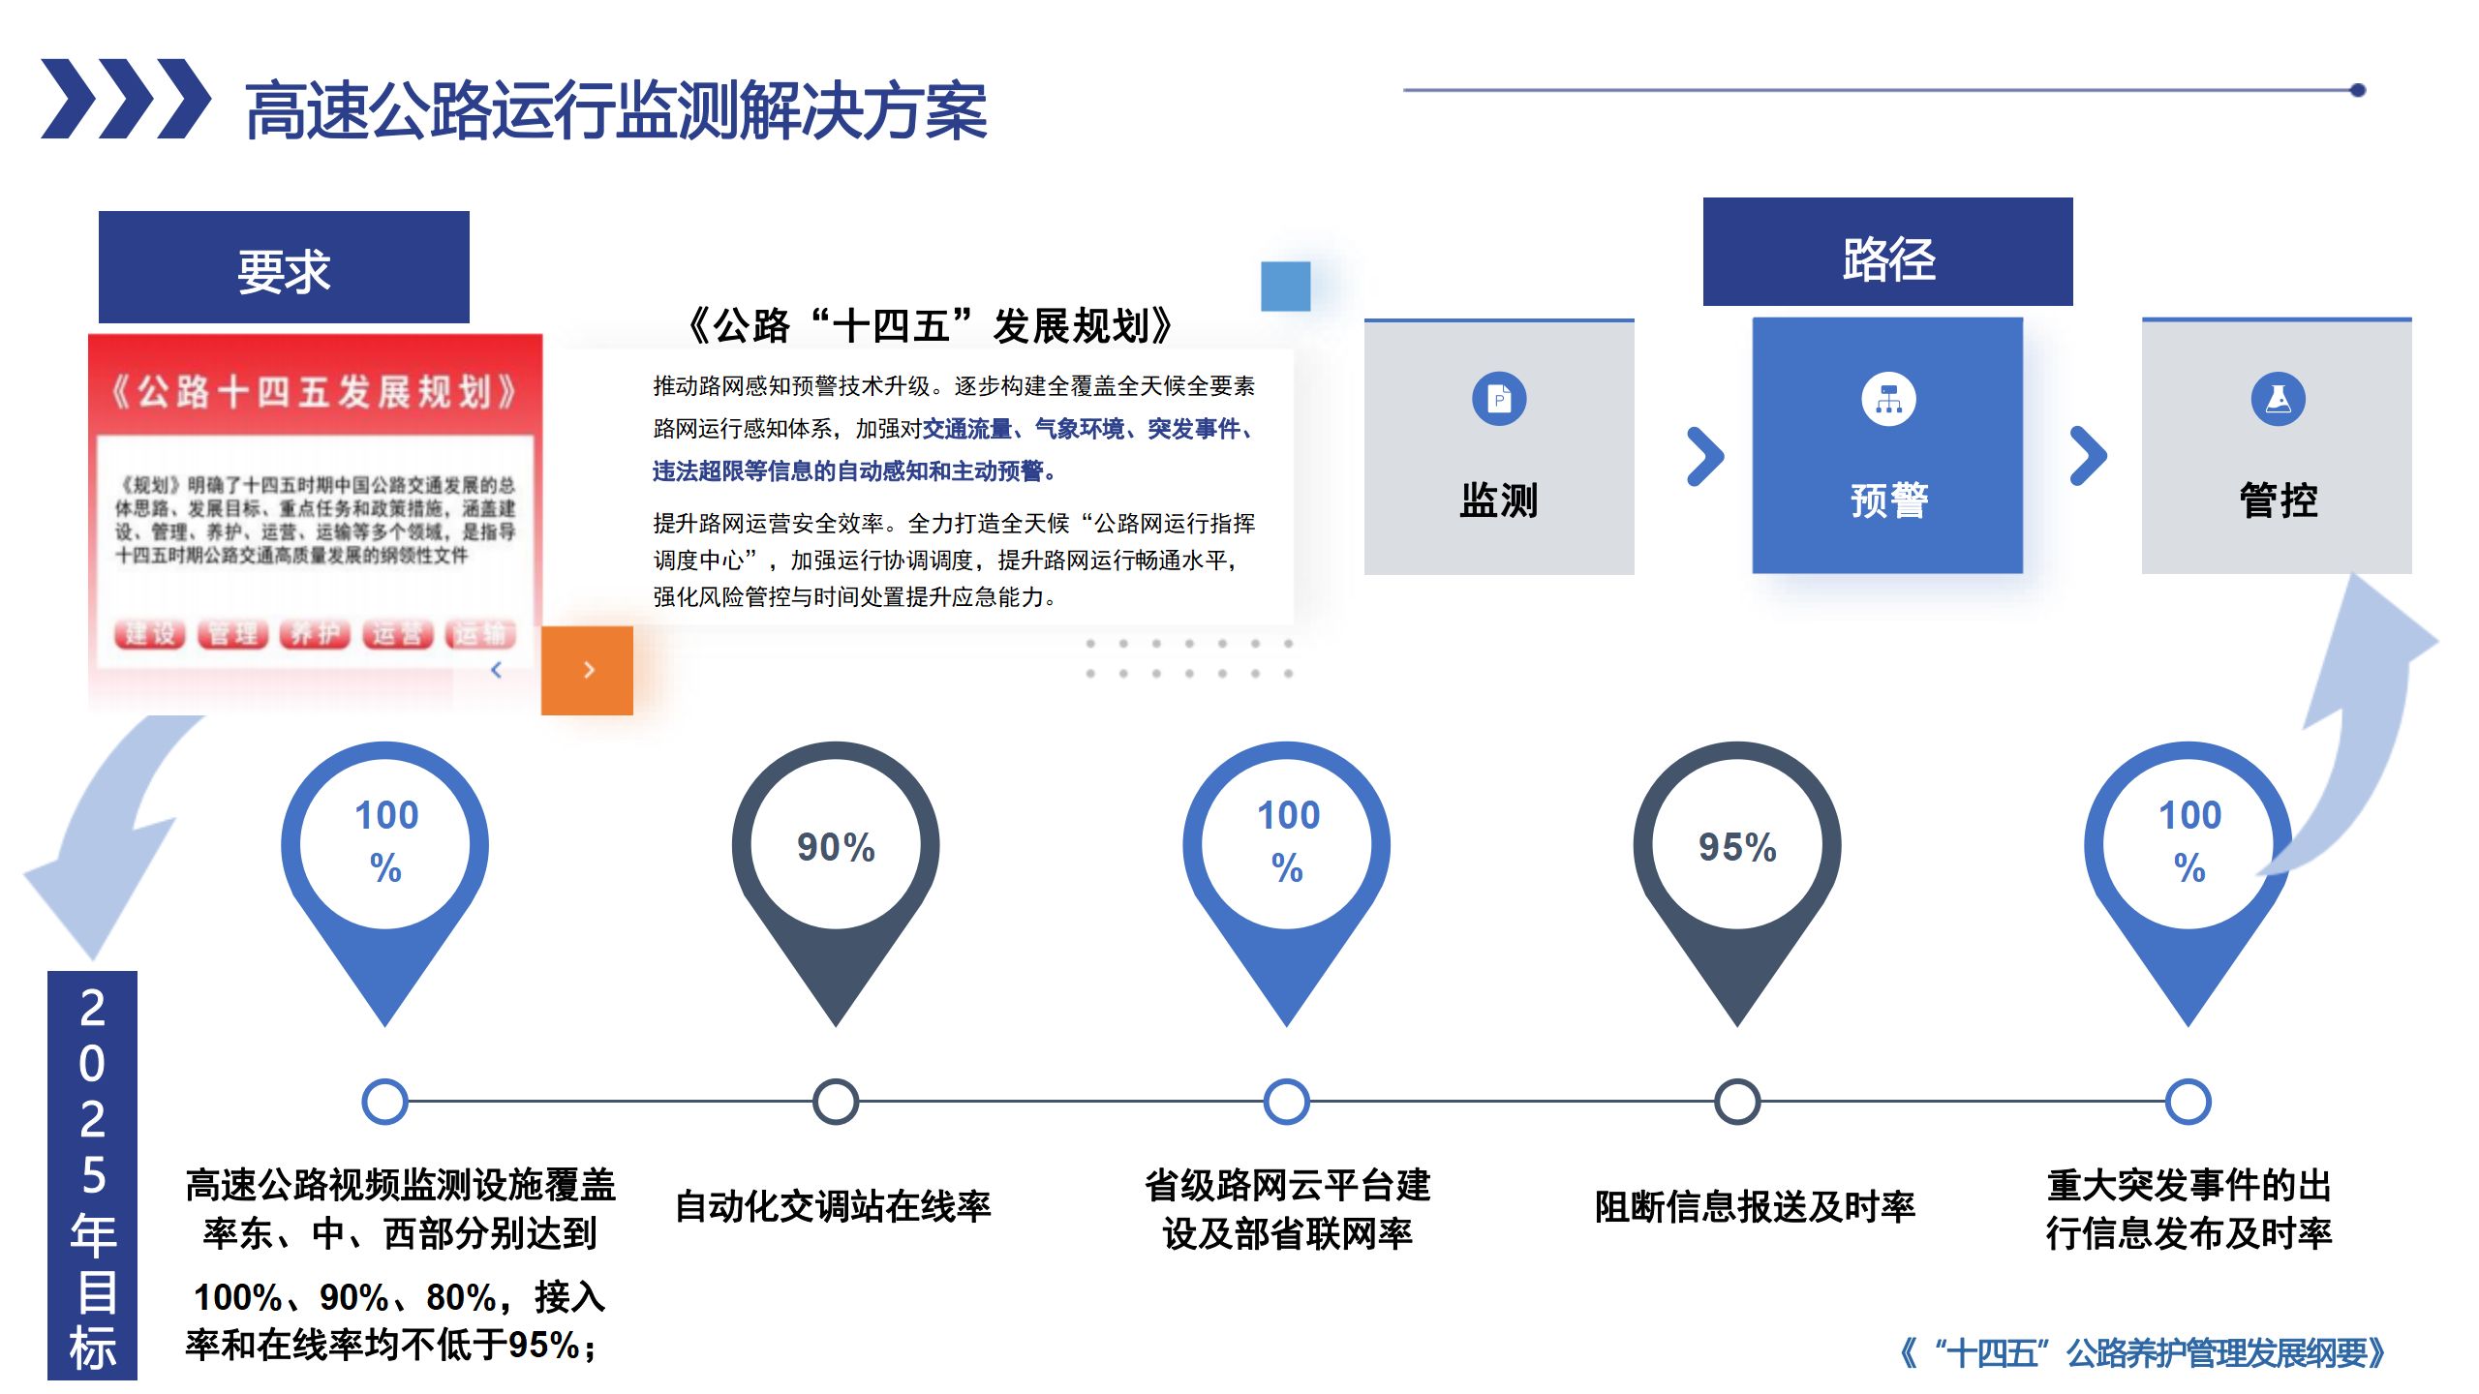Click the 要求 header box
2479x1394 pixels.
284,268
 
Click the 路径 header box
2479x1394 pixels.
1887,254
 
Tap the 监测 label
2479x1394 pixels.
1498,500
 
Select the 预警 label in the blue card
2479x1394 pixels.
1888,500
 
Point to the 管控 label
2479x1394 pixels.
2278,500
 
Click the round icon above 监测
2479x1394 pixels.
1499,399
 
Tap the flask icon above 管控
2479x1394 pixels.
2278,399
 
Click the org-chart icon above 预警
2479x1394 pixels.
1888,399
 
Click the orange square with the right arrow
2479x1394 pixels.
587,670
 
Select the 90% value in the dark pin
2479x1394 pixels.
836,847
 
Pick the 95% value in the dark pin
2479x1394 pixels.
1737,847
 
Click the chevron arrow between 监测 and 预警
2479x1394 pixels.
1704,456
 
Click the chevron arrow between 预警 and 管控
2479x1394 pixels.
2088,456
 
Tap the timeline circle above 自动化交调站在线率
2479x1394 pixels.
836,1102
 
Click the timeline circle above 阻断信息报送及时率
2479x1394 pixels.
1737,1102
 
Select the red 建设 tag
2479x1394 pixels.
150,634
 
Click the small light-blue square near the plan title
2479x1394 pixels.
1285,287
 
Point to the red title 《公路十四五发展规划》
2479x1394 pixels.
315,392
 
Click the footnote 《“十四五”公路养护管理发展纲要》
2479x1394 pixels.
2142,1352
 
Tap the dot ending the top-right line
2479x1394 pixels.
2358,90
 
